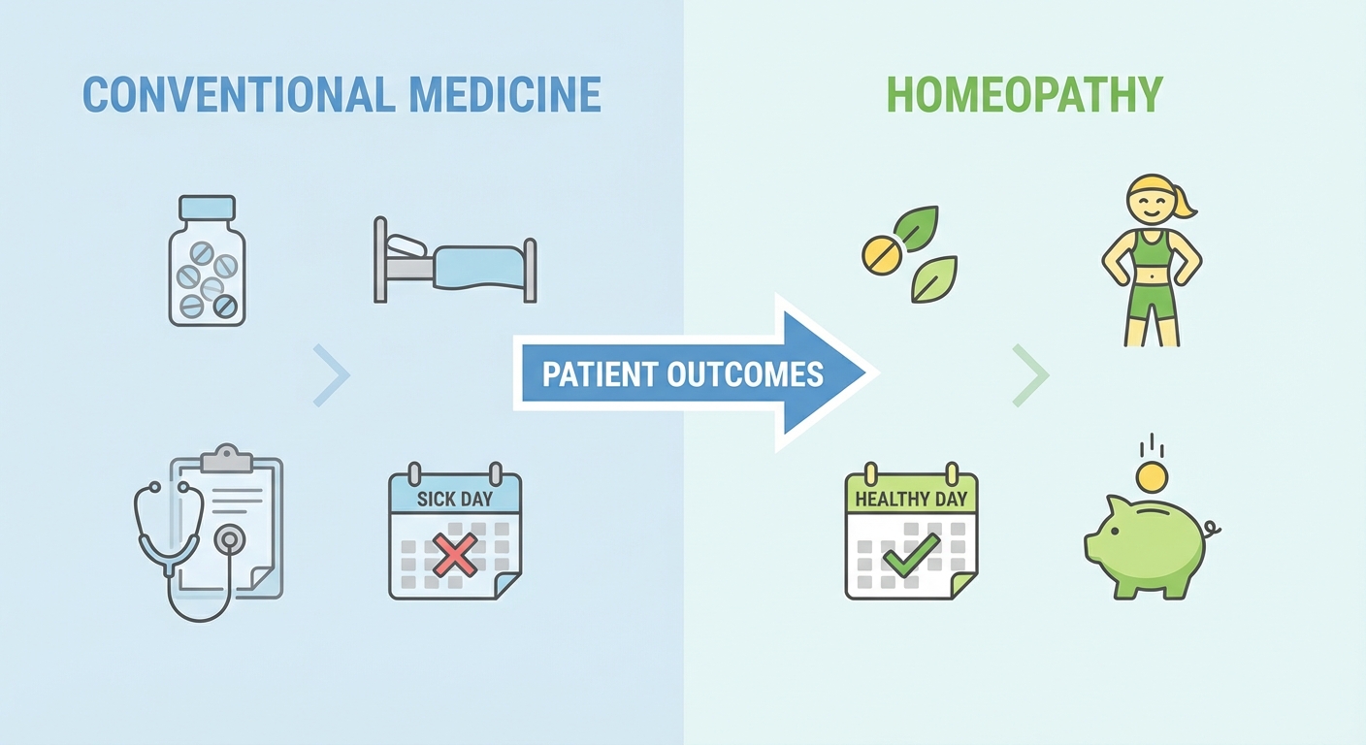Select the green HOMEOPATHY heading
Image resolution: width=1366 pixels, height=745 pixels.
(1024, 94)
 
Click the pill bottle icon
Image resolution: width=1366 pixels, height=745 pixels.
(207, 260)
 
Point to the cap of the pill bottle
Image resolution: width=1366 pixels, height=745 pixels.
(207, 208)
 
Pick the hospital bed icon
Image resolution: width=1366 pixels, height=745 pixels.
(455, 260)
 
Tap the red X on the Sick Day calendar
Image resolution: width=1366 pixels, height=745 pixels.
(455, 555)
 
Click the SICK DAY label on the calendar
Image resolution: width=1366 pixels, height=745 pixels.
(455, 500)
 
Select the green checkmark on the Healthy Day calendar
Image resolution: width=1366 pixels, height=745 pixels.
(912, 555)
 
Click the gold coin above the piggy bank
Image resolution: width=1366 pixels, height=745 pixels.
(1152, 476)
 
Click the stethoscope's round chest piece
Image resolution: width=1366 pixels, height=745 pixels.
(229, 539)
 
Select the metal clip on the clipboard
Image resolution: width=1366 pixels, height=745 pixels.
(227, 459)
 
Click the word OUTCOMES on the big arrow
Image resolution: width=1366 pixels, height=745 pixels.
(745, 374)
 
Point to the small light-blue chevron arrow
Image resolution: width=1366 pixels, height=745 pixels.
(332, 375)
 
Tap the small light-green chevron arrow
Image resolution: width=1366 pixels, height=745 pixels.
(1031, 375)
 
